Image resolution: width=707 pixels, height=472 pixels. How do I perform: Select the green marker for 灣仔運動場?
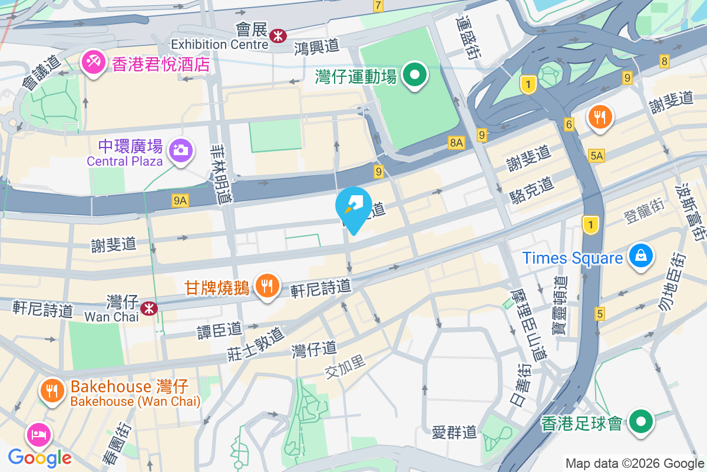pyautogui.click(x=415, y=76)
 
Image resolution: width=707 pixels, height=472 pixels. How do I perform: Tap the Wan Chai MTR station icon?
pyautogui.click(x=148, y=307)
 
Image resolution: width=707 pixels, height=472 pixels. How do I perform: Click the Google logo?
pyautogui.click(x=39, y=457)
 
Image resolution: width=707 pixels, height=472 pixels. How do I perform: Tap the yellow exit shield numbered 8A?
pyautogui.click(x=457, y=142)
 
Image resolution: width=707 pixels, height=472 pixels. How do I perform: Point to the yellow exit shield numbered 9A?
pyautogui.click(x=180, y=201)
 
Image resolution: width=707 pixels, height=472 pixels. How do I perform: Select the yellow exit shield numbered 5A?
pyautogui.click(x=596, y=155)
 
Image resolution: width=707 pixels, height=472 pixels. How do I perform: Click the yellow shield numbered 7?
pyautogui.click(x=378, y=6)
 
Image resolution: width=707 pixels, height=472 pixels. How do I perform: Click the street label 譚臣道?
pyautogui.click(x=220, y=329)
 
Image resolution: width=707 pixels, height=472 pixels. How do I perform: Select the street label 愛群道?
pyautogui.click(x=454, y=432)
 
